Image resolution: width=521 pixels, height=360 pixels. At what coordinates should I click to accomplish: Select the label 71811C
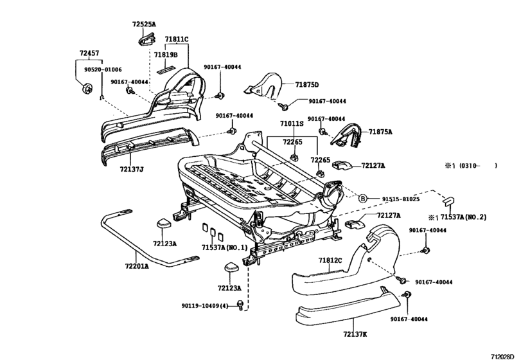click(176, 40)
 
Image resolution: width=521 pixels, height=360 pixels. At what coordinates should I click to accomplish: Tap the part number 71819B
click(166, 55)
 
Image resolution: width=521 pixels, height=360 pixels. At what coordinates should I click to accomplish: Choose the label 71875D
click(307, 85)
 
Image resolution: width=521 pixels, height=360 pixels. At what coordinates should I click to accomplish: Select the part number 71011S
click(292, 123)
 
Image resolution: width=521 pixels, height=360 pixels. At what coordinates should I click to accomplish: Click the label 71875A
click(380, 132)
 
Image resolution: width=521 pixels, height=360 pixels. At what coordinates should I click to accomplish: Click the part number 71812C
click(330, 260)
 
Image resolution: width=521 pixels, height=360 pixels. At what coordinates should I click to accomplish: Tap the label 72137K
click(355, 334)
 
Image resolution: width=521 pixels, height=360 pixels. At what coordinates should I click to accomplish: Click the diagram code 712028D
click(504, 355)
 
